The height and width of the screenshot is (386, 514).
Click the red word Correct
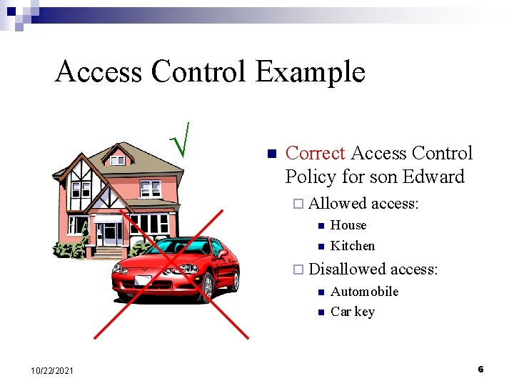tap(315, 153)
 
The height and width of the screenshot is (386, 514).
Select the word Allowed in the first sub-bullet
tap(338, 204)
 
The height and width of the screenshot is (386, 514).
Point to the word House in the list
tap(348, 225)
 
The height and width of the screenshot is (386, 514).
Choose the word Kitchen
tap(352, 246)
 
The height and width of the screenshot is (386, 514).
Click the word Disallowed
tap(347, 269)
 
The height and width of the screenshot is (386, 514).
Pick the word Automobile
tap(364, 292)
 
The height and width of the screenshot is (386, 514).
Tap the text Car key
tap(352, 312)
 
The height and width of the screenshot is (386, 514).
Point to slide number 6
tap(480, 369)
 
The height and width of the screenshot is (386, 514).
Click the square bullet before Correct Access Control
tap(270, 154)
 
